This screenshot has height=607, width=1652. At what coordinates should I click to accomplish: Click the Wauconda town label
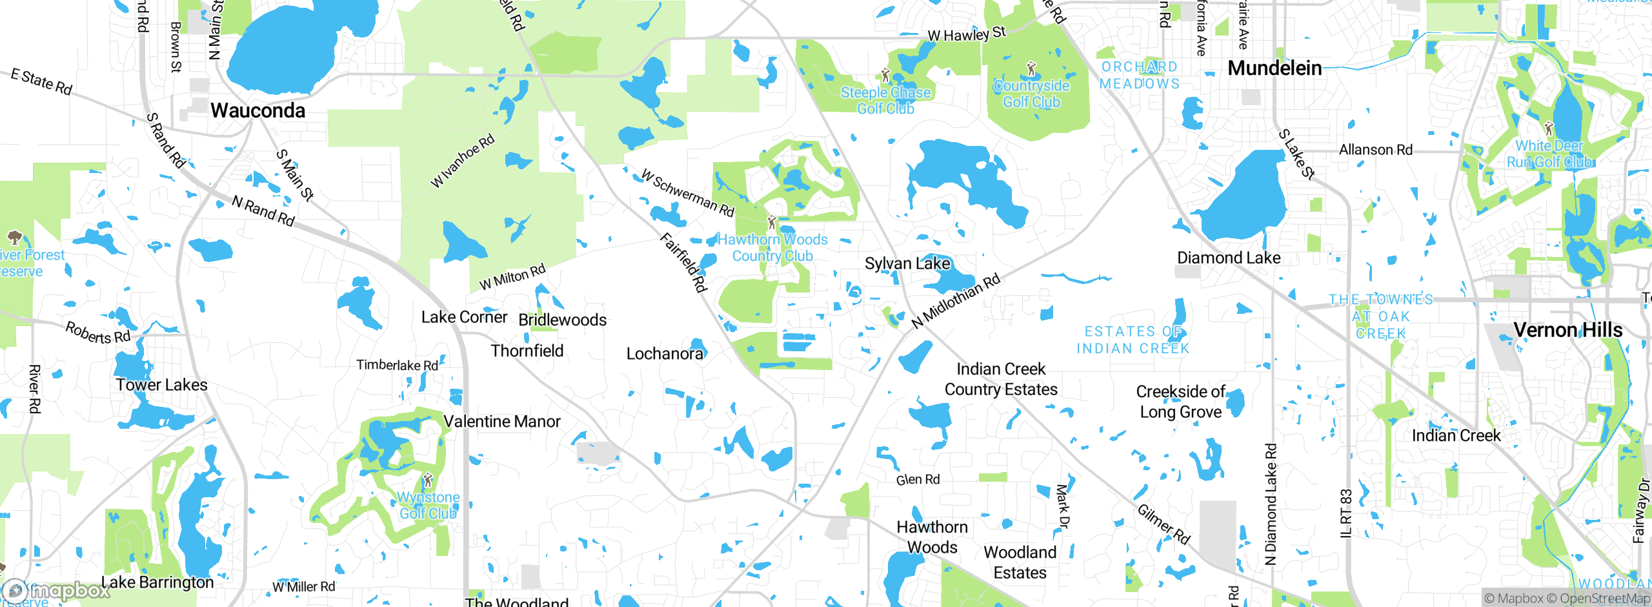257,110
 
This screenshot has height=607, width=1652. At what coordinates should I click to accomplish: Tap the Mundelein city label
1274,68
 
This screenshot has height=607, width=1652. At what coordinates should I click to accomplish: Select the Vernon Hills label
1567,330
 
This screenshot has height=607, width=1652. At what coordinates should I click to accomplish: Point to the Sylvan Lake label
907,263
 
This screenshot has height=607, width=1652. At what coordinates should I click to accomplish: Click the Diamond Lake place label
1229,258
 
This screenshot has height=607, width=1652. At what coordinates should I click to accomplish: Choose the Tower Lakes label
161,385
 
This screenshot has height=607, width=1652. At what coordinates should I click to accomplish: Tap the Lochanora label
665,354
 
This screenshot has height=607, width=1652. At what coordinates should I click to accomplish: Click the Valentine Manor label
502,422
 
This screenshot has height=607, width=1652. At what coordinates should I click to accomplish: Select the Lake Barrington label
157,582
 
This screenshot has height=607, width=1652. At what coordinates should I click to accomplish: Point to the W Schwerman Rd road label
688,192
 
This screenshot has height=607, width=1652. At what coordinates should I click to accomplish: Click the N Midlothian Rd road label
956,300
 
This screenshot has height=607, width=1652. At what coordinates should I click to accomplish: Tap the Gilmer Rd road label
1163,524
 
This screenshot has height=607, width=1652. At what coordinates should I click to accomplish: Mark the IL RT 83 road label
1345,513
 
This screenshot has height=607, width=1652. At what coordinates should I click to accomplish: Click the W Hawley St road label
966,34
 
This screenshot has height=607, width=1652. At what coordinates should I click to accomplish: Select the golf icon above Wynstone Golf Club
428,480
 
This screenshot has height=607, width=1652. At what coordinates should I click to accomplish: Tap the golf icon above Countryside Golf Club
1031,68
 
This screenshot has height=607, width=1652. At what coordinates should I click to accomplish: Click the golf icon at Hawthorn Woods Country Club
772,223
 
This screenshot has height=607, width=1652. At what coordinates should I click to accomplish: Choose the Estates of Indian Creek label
1133,340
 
